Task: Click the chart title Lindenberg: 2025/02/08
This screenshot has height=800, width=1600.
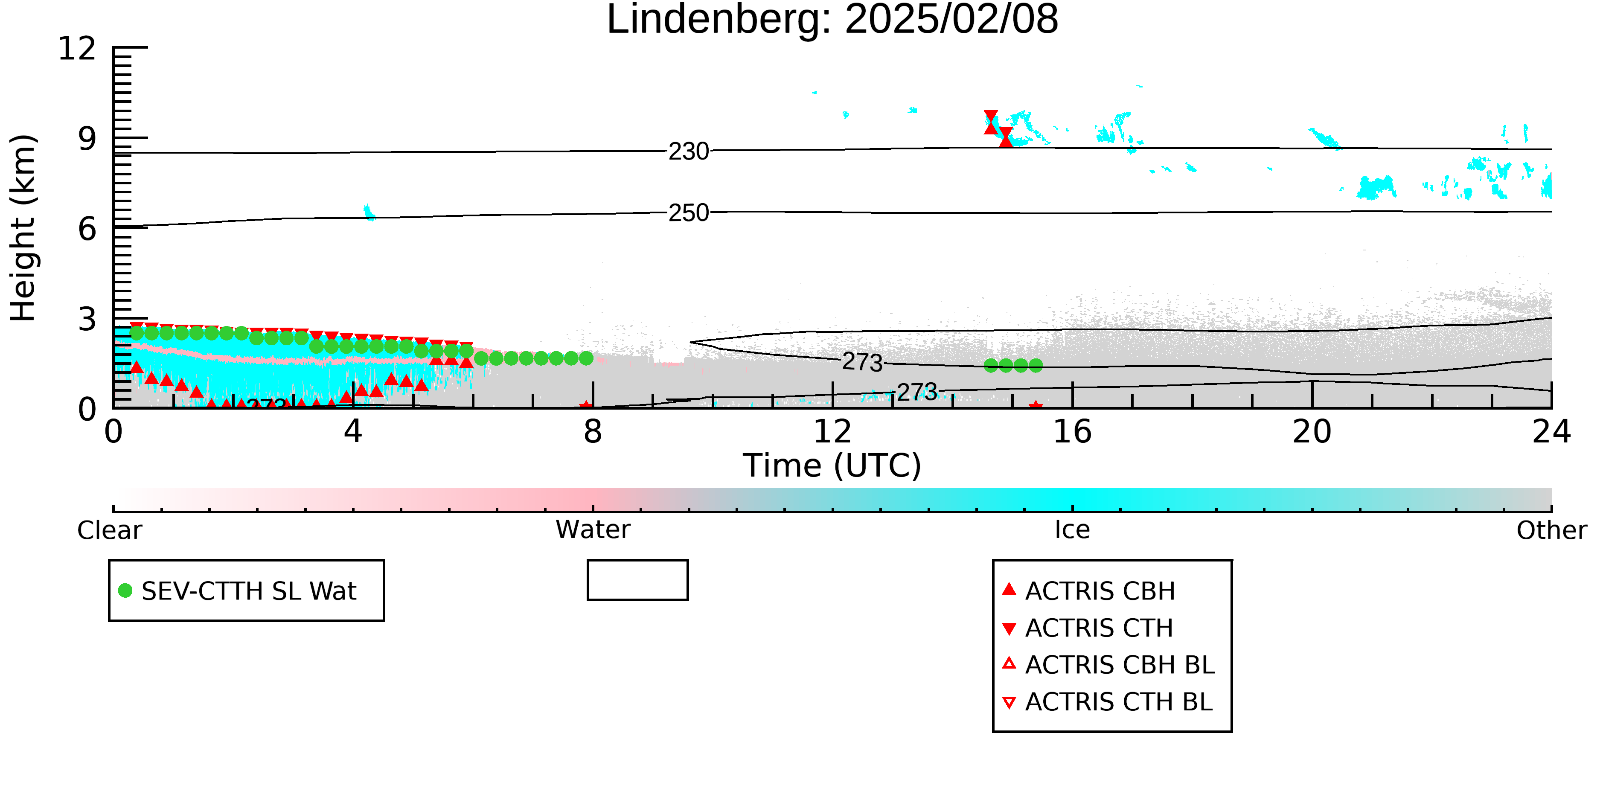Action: click(x=832, y=20)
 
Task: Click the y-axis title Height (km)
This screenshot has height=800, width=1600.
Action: click(x=23, y=228)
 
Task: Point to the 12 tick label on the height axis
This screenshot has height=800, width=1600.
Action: click(x=77, y=49)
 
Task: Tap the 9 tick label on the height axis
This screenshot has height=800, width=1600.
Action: click(x=87, y=139)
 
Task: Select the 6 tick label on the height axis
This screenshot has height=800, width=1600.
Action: click(x=87, y=229)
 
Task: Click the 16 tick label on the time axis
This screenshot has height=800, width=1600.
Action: click(x=1072, y=432)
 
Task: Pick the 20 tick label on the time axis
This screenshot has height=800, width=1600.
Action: click(x=1312, y=432)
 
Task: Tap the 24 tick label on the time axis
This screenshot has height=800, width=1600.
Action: click(x=1551, y=432)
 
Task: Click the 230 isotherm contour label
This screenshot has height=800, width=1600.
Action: click(x=689, y=151)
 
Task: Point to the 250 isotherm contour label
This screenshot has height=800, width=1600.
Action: click(x=689, y=213)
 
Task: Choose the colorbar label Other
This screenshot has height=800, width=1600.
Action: click(x=1551, y=530)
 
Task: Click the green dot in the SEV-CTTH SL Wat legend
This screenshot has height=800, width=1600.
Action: click(x=125, y=591)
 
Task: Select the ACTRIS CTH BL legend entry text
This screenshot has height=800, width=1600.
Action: click(x=1119, y=702)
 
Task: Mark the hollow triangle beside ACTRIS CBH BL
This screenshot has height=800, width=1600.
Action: click(x=1009, y=663)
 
